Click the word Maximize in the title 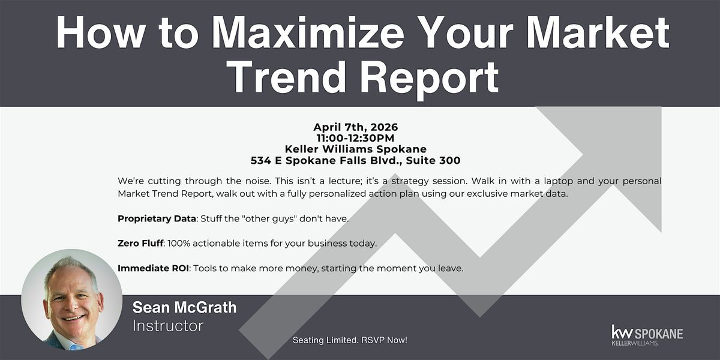[x=308, y=32]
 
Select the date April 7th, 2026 [x=355, y=127]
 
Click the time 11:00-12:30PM [x=355, y=138]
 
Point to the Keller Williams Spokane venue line [x=355, y=149]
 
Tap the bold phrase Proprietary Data [x=157, y=218]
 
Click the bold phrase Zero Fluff [x=140, y=244]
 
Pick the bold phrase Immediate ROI [x=153, y=268]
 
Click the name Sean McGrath [x=185, y=307]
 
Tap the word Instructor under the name [x=168, y=326]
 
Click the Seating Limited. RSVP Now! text [x=350, y=340]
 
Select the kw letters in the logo [x=622, y=332]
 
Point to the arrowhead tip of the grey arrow [x=661, y=107]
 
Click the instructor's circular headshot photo [x=71, y=299]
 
